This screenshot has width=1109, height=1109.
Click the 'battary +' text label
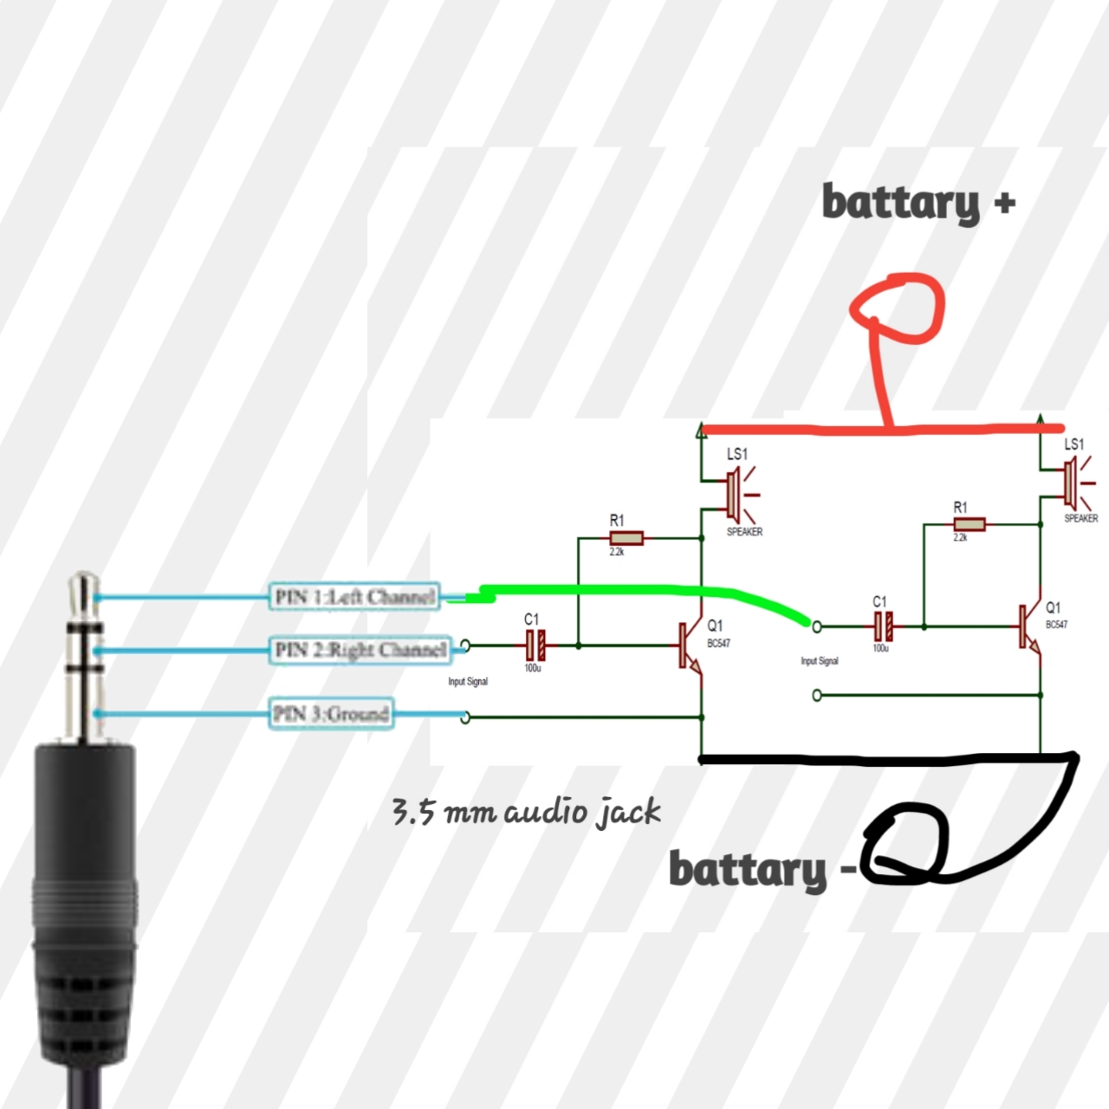point(917,203)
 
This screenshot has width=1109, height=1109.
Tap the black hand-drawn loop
point(906,845)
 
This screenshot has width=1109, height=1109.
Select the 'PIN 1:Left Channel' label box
point(355,597)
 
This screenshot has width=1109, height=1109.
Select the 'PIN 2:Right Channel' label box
point(360,650)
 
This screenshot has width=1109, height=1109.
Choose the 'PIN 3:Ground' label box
point(330,714)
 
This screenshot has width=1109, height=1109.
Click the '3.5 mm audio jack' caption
point(526,813)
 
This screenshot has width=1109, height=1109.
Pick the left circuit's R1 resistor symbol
point(626,538)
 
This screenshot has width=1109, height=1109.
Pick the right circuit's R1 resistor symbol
point(969,524)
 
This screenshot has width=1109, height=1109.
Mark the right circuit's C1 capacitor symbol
point(882,625)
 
